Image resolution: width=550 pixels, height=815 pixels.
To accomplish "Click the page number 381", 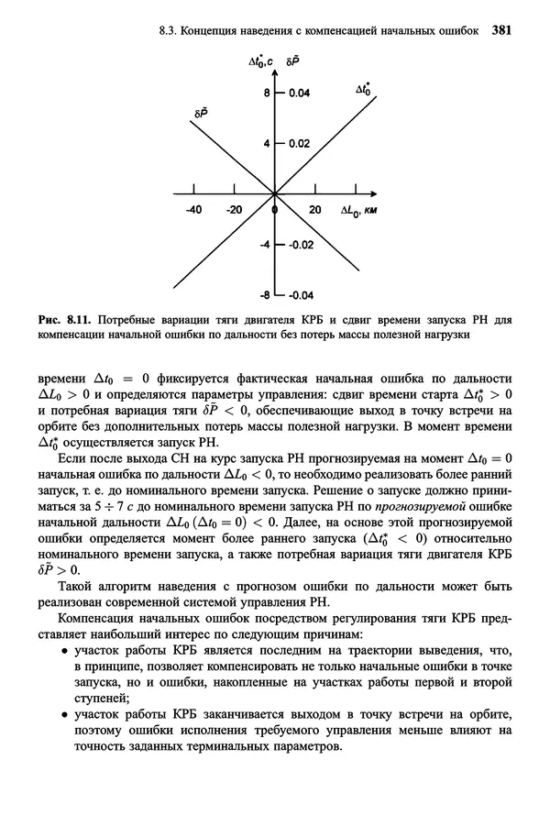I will point(500,29).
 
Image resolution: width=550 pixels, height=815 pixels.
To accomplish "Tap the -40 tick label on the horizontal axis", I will point(192,210).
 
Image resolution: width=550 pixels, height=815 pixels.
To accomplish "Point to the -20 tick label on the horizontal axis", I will point(234,210).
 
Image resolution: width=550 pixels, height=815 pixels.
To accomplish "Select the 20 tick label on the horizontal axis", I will point(314,210).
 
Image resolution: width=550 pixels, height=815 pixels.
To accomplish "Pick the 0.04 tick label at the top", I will point(300,94).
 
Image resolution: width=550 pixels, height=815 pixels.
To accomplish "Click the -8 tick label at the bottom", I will point(265,295).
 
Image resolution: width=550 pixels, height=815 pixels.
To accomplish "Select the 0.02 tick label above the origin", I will point(300,144).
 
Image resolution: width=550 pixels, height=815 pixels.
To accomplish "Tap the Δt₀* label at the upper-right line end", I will point(363,90).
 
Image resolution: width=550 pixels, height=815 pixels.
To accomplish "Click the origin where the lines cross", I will point(275,194).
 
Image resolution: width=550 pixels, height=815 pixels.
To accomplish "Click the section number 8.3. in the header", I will point(170,29).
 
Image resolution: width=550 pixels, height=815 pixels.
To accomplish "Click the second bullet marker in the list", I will point(66,715).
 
